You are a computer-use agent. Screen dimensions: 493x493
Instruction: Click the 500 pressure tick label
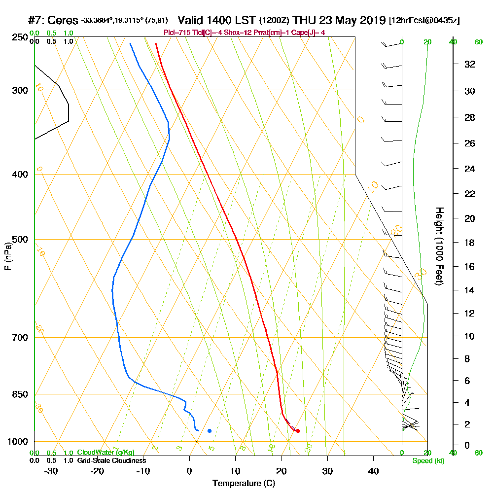click(20, 240)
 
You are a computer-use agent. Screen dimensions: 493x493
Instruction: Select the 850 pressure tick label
click(20, 394)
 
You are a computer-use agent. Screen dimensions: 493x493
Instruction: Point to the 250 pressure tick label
click(20, 37)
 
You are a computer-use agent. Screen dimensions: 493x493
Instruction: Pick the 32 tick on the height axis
click(470, 64)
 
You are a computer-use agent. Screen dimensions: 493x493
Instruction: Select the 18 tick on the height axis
click(470, 243)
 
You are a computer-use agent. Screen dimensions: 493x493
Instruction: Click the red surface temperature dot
click(298, 431)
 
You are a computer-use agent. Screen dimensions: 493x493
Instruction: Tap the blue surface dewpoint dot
click(210, 431)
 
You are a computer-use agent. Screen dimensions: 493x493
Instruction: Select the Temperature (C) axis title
click(244, 484)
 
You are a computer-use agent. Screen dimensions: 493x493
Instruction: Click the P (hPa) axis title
click(7, 256)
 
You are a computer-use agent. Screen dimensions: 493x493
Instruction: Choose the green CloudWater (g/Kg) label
click(106, 453)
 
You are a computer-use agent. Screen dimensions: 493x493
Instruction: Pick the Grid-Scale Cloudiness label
click(111, 460)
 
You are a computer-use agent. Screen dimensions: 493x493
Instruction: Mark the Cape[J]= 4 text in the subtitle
click(309, 33)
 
